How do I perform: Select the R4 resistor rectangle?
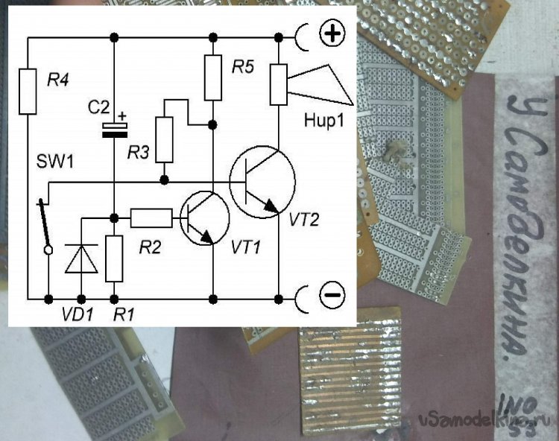(28, 92)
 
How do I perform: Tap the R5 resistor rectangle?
(213, 77)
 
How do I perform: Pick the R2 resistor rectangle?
(151, 218)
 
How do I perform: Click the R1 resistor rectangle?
(114, 258)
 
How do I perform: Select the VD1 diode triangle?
(78, 258)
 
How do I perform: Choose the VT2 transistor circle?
(261, 183)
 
